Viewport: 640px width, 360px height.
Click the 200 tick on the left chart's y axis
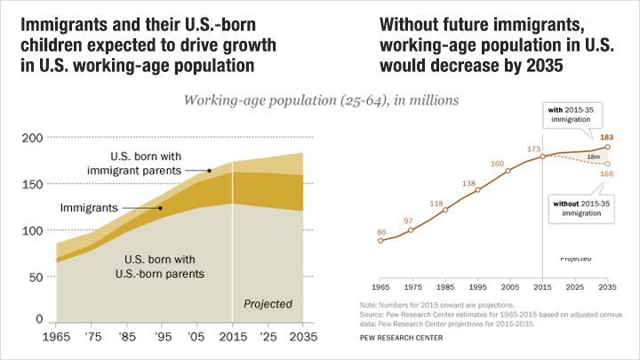tap(32, 138)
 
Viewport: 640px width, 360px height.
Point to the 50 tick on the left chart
tap(34, 276)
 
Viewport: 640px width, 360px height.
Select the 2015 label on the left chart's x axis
tap(232, 339)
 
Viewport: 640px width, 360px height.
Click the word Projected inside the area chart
tap(268, 304)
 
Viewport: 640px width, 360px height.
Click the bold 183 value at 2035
tap(607, 137)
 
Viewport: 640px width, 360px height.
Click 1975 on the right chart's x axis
tap(411, 289)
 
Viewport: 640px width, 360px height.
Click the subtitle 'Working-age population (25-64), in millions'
tap(321, 100)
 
